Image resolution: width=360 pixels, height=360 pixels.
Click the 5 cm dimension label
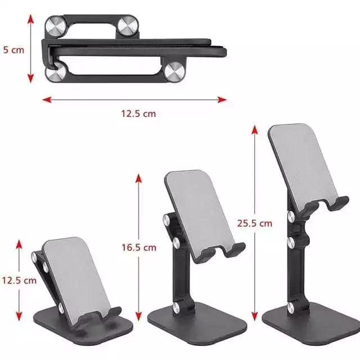pyautogui.click(x=13, y=50)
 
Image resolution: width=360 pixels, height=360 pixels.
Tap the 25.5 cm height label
pyautogui.click(x=255, y=223)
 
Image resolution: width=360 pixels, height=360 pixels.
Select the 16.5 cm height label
pyautogui.click(x=139, y=247)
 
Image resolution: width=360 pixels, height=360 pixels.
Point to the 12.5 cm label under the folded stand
pyautogui.click(x=138, y=114)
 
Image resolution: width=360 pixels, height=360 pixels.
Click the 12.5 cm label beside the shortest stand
pyautogui.click(x=19, y=280)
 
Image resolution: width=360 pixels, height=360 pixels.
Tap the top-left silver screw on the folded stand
pyautogui.click(x=56, y=26)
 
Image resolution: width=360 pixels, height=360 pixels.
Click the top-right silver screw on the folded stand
pyautogui.click(x=128, y=26)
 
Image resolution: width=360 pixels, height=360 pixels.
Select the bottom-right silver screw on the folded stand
pyautogui.click(x=175, y=71)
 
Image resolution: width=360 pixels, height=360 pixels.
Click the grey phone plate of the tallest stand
pyautogui.click(x=303, y=165)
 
